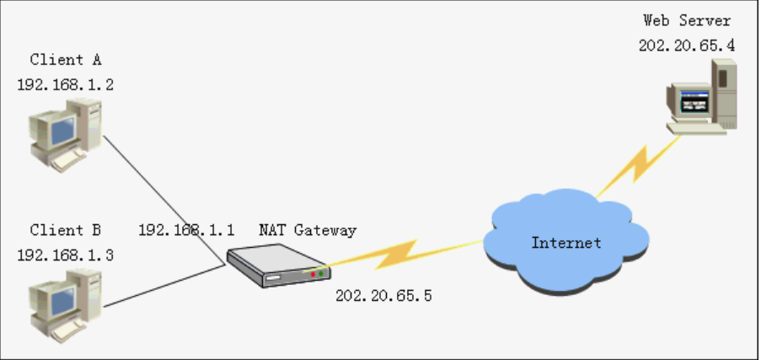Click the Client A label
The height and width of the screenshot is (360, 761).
pos(65,60)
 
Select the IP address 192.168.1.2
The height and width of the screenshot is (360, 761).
pos(65,84)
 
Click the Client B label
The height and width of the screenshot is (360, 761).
pos(65,229)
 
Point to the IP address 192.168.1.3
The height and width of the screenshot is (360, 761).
pos(65,254)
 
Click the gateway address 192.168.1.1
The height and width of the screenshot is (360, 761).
pos(186,229)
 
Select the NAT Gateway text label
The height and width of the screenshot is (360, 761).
pos(307,229)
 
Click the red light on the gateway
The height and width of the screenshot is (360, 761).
pos(314,273)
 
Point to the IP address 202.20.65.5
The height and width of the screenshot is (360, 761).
pos(383,296)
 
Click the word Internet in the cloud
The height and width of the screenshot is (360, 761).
pos(566,243)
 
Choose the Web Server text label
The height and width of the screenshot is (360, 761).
pos(687,20)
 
